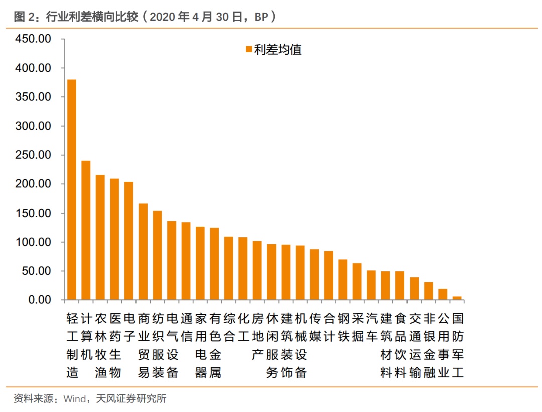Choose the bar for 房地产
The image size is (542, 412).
[257, 271]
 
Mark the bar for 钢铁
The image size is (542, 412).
[343, 280]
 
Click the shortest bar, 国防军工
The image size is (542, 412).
[457, 298]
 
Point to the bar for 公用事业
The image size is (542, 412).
[443, 295]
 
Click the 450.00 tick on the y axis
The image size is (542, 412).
[34, 39]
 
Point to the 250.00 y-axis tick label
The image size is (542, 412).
[34, 155]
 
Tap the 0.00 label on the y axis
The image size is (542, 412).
[40, 300]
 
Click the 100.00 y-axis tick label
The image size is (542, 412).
[34, 242]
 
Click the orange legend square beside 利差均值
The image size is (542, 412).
[248, 49]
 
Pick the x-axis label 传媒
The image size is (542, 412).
[315, 327]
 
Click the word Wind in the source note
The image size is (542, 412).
[74, 399]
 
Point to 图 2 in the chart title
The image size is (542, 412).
[25, 17]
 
